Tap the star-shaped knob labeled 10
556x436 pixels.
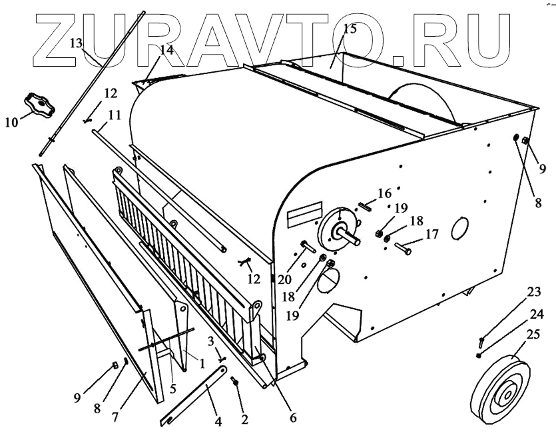(x=38, y=104)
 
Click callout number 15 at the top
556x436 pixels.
(x=350, y=29)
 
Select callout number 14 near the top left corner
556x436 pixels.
(x=166, y=51)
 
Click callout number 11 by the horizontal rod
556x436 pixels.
(x=114, y=115)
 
